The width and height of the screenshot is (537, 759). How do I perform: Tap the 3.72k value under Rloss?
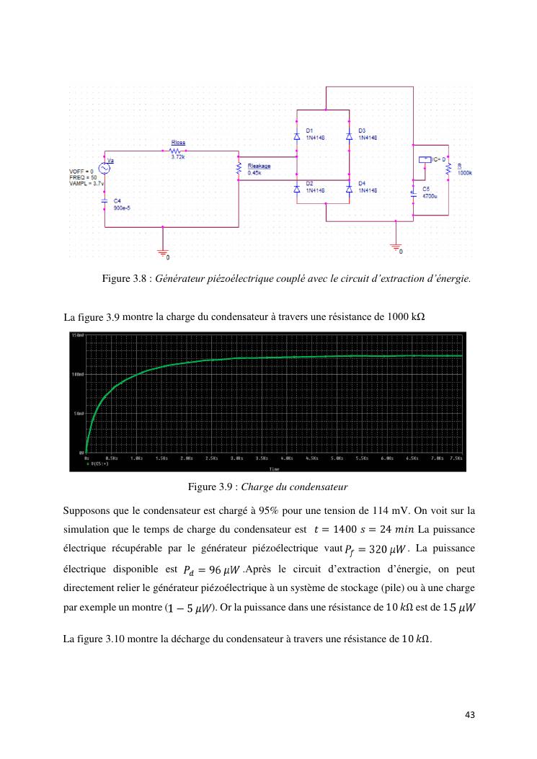click(177, 157)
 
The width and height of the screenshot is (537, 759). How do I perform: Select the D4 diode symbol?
click(349, 188)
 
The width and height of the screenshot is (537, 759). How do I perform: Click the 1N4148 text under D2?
click(316, 190)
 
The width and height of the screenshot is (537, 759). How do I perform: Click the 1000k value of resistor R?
click(465, 174)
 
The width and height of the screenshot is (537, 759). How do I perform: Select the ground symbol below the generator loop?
click(163, 252)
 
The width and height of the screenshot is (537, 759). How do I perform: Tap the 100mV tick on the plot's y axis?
click(78, 374)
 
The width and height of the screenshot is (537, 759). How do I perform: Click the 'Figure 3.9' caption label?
click(208, 487)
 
